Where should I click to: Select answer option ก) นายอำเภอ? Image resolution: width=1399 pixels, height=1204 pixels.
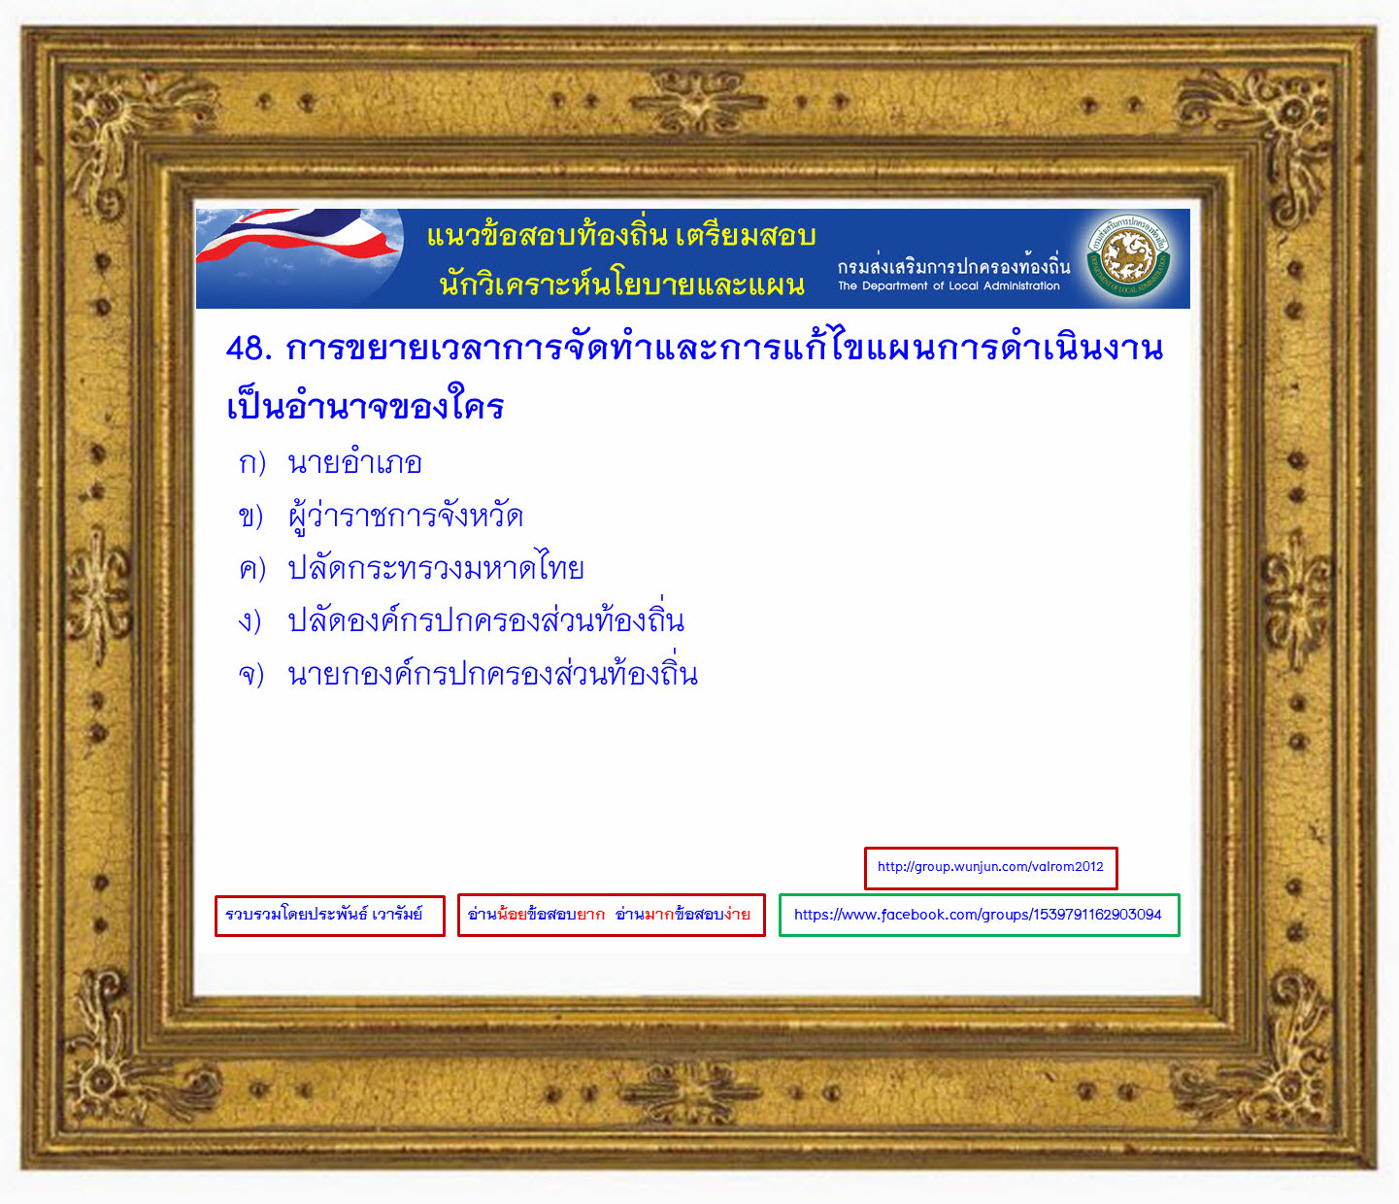[330, 463]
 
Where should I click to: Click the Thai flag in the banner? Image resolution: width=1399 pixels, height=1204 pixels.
[298, 237]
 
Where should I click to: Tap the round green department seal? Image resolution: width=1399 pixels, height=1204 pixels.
[1128, 257]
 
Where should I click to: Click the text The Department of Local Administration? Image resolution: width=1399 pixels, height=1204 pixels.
[949, 286]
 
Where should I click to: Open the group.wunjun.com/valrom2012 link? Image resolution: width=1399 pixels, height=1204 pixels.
[990, 868]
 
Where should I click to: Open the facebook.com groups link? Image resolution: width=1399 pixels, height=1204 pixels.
[979, 916]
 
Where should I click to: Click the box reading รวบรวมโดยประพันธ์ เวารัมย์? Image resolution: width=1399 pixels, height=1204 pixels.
[330, 916]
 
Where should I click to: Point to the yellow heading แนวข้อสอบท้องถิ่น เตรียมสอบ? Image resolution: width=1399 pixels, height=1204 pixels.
[621, 235]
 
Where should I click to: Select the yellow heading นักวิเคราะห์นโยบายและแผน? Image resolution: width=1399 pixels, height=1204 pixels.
[621, 284]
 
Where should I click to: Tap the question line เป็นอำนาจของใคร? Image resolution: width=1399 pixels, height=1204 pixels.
[365, 405]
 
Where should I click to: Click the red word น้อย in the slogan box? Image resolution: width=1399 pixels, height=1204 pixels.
[512, 915]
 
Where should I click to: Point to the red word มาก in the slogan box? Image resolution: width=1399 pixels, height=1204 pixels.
[659, 915]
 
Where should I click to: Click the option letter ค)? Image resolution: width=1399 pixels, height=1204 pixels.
[252, 568]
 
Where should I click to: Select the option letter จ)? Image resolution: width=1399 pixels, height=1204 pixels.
[251, 674]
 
